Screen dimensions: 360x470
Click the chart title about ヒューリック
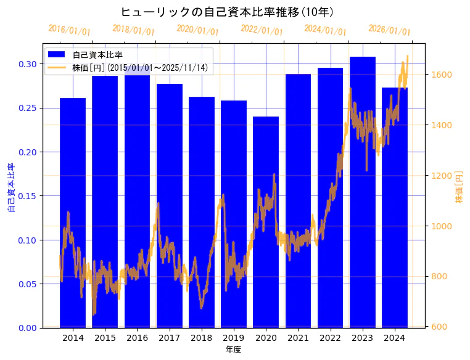click(x=227, y=12)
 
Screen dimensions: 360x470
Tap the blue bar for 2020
click(x=266, y=222)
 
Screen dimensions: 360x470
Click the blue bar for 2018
click(x=202, y=212)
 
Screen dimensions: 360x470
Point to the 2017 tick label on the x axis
click(x=169, y=338)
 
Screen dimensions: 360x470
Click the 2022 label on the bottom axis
click(x=330, y=338)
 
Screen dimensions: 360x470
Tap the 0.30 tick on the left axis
click(x=28, y=64)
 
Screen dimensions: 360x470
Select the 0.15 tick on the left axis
click(x=28, y=196)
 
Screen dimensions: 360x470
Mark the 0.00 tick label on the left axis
click(x=28, y=328)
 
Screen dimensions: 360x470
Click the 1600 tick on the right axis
click(x=442, y=75)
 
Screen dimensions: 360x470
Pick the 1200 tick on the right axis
click(x=442, y=176)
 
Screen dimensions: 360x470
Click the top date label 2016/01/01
click(x=69, y=30)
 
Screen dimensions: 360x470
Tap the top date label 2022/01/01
click(x=262, y=30)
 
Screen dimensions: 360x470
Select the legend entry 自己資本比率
click(x=97, y=55)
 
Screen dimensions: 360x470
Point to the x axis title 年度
click(x=233, y=350)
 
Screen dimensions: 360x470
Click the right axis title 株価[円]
click(x=459, y=188)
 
